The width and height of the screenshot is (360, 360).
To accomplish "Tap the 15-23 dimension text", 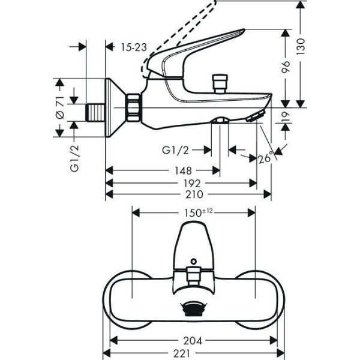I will (133, 46).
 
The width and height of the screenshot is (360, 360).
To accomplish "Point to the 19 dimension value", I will (287, 118).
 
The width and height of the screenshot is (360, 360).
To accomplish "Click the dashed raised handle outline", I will (180, 30).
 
